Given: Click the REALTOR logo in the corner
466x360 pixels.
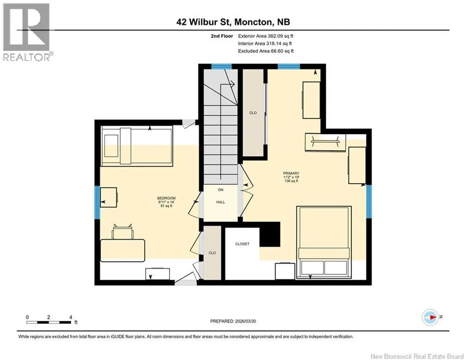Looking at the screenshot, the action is pos(28,32).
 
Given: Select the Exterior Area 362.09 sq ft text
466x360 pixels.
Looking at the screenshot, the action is pos(266,36).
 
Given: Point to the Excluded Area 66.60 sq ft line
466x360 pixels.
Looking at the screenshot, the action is pos(266,51).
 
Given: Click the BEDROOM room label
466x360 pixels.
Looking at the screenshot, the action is pos(166,198).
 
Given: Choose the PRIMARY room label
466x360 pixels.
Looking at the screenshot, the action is pos(291,173).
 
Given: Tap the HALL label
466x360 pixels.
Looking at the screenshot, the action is pos(221,202).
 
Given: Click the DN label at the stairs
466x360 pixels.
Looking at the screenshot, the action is pos(221,190).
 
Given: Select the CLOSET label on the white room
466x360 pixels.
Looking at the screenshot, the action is pos(242,244).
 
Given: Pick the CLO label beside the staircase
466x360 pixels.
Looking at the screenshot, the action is pos(253,113).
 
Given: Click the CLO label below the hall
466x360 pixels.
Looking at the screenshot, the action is pos(212,253).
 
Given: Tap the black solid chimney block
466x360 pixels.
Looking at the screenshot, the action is pos(270,234).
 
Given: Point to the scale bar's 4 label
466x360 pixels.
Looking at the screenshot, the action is pos(71,317).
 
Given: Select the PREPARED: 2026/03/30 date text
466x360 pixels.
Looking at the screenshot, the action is pos(233,321).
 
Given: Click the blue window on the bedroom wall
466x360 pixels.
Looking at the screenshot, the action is pos(97,202).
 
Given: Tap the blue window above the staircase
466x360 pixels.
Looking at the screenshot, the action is pos(222,67).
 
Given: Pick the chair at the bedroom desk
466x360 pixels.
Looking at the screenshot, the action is pos(122,232).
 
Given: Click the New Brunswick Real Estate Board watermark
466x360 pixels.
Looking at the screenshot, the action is pos(417,356).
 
